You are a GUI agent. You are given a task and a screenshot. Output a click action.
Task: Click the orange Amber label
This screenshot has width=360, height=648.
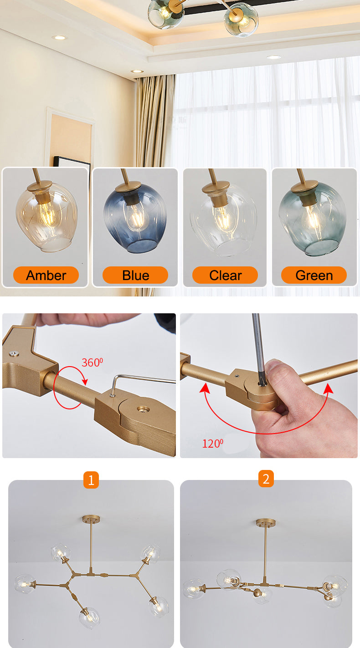46,275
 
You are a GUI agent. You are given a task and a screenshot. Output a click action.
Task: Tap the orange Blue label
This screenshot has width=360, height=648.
135,275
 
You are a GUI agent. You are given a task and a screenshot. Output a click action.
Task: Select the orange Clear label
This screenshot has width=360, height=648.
225,275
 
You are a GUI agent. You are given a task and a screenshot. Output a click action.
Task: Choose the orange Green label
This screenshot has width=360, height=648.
314,275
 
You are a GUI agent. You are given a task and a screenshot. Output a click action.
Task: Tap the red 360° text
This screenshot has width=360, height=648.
92,362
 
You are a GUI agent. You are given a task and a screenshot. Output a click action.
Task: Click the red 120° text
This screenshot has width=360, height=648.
212,444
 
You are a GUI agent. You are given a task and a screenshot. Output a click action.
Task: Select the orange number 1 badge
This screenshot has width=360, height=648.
91,480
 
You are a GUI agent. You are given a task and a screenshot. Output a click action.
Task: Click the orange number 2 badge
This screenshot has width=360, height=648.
266,479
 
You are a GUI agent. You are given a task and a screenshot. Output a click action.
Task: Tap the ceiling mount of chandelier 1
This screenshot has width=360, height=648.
91,519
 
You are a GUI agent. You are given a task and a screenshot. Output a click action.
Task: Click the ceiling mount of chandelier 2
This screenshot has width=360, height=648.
266,522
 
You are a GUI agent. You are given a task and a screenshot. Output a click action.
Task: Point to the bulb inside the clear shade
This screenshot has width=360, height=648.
223,218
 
